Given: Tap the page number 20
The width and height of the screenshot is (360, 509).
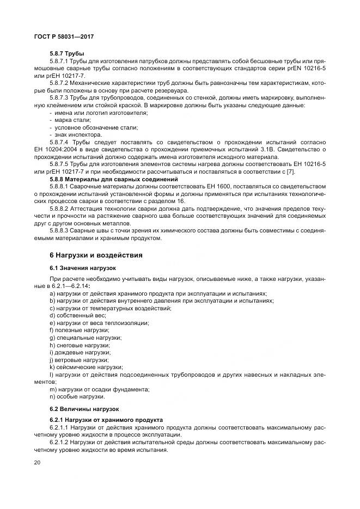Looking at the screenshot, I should coord(38,462).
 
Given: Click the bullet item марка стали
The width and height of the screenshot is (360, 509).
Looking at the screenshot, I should coord(70,120).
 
